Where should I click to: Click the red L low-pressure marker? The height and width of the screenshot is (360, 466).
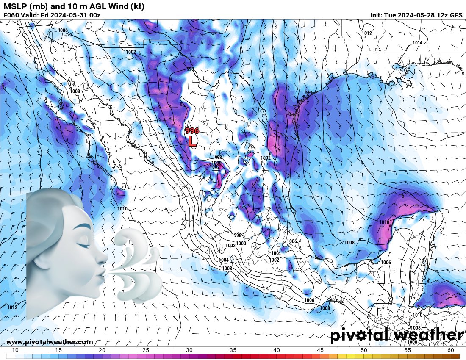pos(192,141)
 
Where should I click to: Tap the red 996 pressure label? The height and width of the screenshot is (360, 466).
pos(192,131)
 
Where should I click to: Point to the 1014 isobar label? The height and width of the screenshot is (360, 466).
pos(417,43)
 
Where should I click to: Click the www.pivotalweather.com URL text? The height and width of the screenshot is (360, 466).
pos(50,342)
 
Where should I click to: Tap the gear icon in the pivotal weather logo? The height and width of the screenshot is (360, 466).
pos(361,336)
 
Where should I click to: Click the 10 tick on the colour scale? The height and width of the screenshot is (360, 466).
pos(15,350)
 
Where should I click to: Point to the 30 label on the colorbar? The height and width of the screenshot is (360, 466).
pos(189,350)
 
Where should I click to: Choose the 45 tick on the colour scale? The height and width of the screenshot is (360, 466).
pos(320,350)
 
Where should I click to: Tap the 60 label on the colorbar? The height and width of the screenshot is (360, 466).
pos(451,350)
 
